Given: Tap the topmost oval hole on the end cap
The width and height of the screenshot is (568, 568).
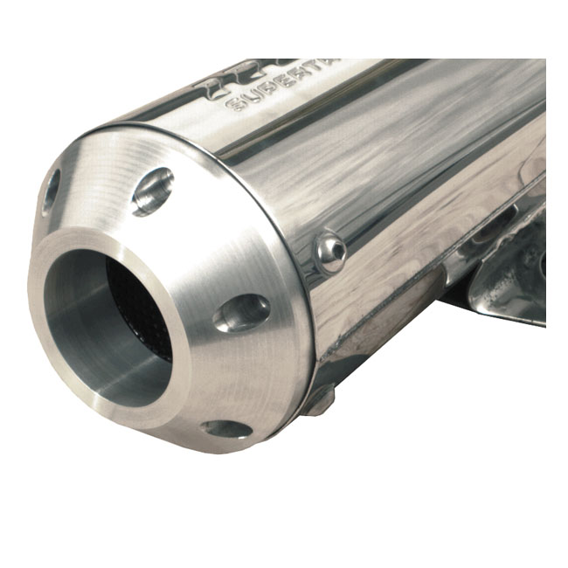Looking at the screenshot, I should (153, 191).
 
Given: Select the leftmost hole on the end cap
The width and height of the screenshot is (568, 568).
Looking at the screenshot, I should (51, 190).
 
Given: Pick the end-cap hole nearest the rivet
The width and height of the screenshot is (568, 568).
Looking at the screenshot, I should (242, 311).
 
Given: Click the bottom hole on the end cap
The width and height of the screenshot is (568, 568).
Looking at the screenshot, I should (225, 428).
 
